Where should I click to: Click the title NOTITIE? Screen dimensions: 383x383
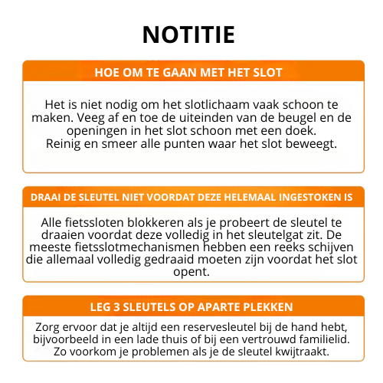[189, 34]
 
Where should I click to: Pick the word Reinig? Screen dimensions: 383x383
[64, 143]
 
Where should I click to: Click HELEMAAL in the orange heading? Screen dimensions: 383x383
[263, 197]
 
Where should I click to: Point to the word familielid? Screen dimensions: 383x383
[321, 339]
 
